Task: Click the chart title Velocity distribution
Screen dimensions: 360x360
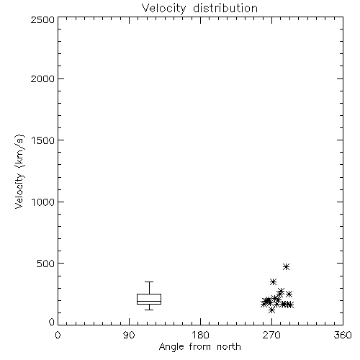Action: (199, 9)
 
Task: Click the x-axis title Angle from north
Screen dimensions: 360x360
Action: (199, 347)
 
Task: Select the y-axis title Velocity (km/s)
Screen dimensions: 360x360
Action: (19, 171)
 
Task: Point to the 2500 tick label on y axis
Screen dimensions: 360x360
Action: (42, 19)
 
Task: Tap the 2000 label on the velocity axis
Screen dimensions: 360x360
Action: (42, 78)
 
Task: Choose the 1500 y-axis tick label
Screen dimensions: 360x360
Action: (43, 140)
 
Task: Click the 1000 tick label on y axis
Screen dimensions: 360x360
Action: (43, 202)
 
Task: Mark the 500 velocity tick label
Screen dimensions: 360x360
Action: (46, 264)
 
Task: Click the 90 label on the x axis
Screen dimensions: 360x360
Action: (129, 335)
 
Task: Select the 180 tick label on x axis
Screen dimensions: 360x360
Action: (200, 335)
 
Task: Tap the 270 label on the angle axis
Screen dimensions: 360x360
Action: (271, 335)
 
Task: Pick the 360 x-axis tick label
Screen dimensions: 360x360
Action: (343, 335)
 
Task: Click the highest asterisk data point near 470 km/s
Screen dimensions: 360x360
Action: (286, 266)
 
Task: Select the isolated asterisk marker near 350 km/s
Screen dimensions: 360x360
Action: (273, 282)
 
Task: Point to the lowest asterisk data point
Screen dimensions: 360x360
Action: (271, 310)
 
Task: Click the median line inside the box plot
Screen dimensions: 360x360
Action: (149, 301)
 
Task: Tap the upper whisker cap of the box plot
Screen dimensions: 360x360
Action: (149, 282)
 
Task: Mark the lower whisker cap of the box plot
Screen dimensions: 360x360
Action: (149, 310)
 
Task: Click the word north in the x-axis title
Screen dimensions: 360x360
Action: (229, 347)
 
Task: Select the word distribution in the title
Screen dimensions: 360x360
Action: (225, 9)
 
